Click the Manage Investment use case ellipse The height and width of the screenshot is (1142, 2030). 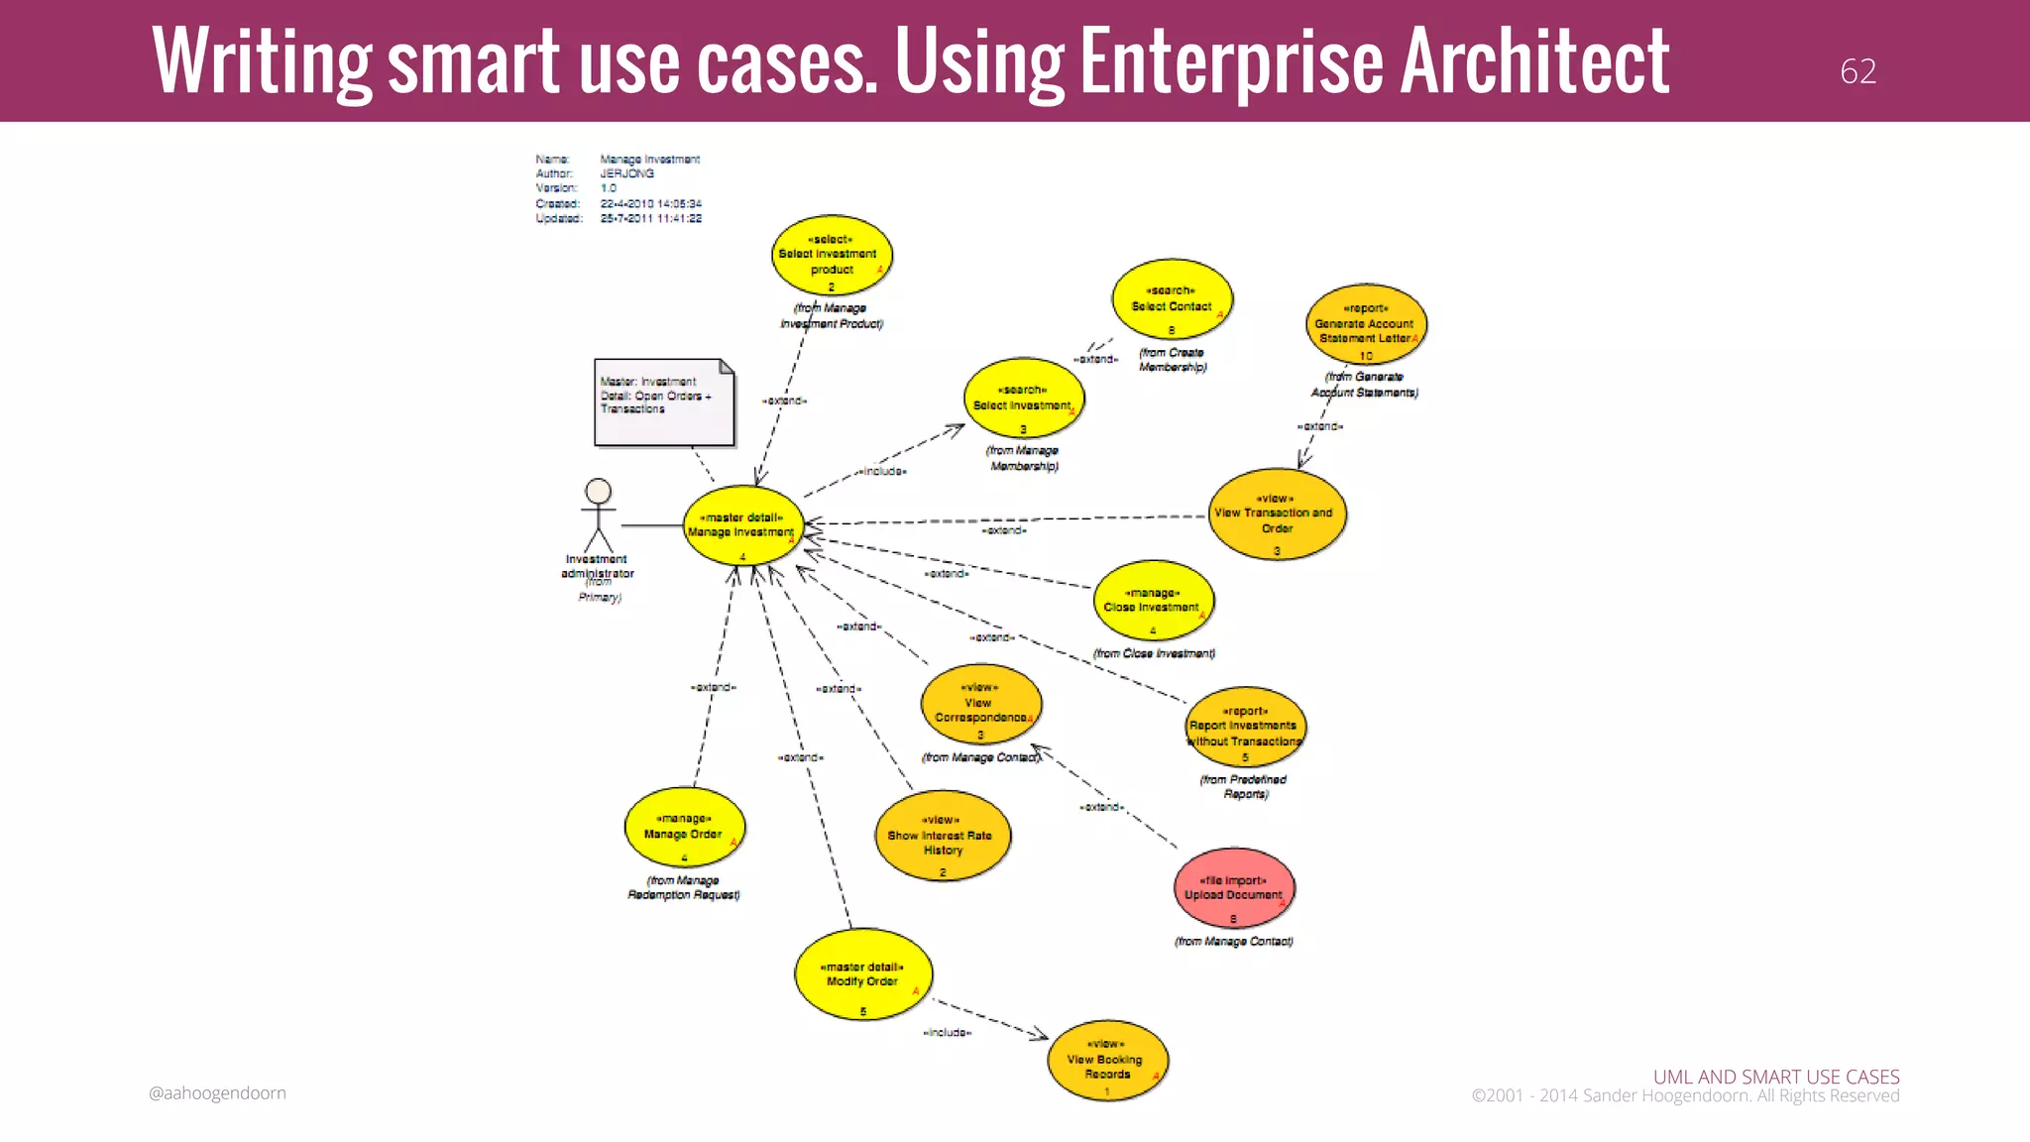coord(742,526)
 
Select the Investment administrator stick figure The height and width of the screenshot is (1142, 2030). coord(598,515)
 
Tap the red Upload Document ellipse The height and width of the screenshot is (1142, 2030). coord(1233,888)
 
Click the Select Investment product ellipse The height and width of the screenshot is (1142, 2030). coord(832,256)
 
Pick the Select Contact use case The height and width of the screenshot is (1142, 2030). coord(1172,300)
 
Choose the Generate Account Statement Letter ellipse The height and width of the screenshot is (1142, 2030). coord(1366,325)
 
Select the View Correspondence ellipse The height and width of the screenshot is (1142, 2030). coord(980,705)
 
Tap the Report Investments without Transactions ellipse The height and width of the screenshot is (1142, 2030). coord(1245,729)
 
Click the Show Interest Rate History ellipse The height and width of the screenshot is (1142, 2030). coord(942,837)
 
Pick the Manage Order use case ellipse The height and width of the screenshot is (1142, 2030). coord(684,828)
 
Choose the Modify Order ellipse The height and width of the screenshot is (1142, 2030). coord(862,975)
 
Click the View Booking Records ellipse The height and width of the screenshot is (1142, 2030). coord(1107,1061)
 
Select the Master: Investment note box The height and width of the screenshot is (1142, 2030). coord(663,401)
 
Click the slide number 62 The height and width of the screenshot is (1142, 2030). coord(1858,71)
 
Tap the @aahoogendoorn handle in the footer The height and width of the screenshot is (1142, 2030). coord(217,1093)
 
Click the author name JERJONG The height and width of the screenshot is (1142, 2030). coord(626,173)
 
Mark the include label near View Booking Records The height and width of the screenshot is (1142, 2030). coord(947,1033)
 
